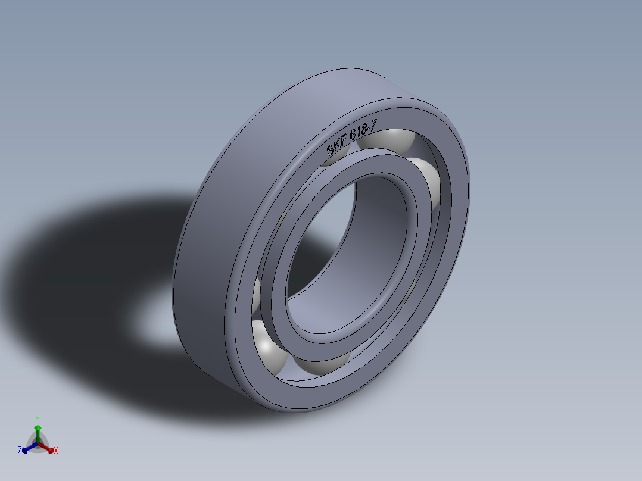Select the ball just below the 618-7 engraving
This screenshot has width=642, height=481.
387,142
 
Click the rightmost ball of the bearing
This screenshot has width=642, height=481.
428,182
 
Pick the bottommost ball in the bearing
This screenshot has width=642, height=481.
322,364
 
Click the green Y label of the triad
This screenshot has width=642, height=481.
37,418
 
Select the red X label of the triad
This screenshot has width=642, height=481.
55,451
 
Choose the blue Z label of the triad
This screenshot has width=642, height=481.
20,451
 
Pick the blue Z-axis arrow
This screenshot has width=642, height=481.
27,448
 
